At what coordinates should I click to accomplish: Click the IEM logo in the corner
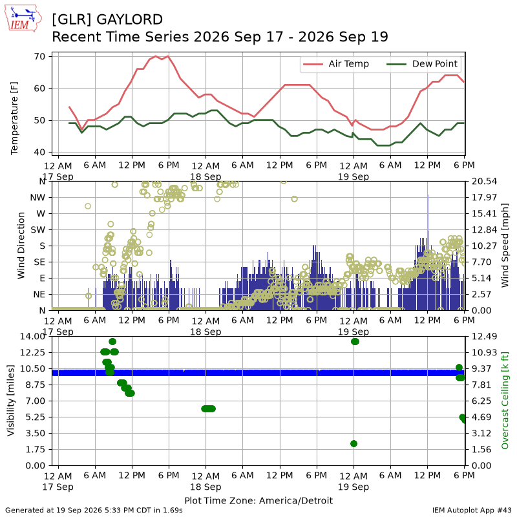[23, 18]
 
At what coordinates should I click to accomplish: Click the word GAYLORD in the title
[130, 19]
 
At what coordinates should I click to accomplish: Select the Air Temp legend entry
[335, 64]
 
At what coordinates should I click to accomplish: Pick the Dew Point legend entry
[422, 64]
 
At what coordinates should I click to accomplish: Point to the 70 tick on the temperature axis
[39, 56]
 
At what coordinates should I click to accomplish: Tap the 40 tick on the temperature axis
[39, 153]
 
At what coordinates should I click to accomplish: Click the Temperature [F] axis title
[14, 118]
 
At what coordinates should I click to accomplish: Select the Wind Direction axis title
[21, 246]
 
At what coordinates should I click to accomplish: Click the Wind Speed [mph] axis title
[505, 246]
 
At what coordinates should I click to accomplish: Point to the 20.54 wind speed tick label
[484, 182]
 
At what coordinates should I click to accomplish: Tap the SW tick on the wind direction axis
[38, 230]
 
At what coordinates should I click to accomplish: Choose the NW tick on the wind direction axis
[38, 198]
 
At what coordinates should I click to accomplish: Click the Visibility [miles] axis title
[11, 401]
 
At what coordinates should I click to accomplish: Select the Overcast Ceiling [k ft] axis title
[505, 401]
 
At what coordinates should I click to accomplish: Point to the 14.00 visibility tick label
[33, 336]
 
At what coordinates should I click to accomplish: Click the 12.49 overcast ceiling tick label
[484, 336]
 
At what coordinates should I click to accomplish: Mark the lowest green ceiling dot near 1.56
[353, 444]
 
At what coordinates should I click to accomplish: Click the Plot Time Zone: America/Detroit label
[258, 500]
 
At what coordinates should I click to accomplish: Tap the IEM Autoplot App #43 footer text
[472, 511]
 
